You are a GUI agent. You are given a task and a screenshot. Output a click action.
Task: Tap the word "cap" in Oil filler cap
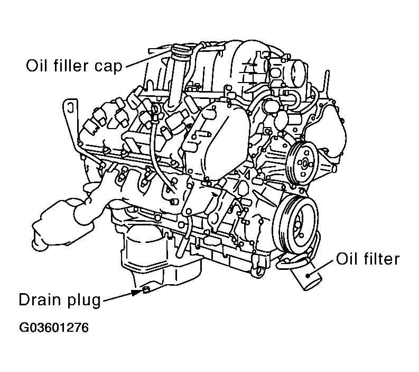click(108, 67)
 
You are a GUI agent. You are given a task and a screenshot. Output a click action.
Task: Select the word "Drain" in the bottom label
click(40, 300)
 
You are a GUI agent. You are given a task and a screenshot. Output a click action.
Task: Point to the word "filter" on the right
click(381, 259)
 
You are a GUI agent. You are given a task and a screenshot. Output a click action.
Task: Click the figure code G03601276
click(54, 328)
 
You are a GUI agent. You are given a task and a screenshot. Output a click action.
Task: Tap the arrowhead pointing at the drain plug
click(137, 292)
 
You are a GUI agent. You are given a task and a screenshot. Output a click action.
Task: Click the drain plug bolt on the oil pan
click(146, 289)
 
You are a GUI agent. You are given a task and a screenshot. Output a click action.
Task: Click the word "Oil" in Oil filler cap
click(37, 66)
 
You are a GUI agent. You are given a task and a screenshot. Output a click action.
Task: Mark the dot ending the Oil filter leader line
click(308, 276)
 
